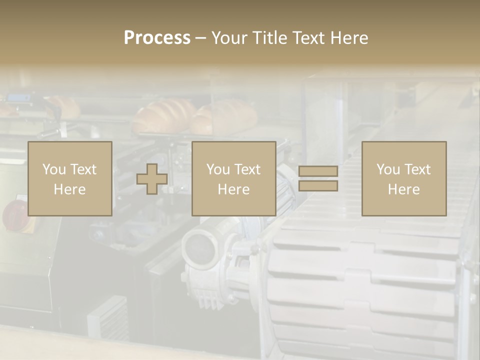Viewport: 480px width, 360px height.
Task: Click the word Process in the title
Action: pyautogui.click(x=157, y=38)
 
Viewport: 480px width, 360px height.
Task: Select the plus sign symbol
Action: pyautogui.click(x=152, y=179)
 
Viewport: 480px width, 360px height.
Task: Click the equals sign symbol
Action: pyautogui.click(x=318, y=178)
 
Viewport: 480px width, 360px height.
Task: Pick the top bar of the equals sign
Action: pyautogui.click(x=318, y=171)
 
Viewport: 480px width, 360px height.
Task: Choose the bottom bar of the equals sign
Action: pyautogui.click(x=318, y=185)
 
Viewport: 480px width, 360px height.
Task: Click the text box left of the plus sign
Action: pyautogui.click(x=69, y=178)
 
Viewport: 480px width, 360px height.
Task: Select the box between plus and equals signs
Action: pyautogui.click(x=233, y=178)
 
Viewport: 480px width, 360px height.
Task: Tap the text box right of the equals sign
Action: pyautogui.click(x=403, y=178)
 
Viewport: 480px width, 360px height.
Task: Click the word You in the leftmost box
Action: pyautogui.click(x=53, y=169)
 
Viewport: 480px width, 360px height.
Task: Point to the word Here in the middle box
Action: pyautogui.click(x=233, y=189)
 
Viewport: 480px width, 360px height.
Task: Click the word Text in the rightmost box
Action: pyautogui.click(x=417, y=169)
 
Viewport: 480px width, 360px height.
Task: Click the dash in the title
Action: pyautogui.click(x=201, y=38)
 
